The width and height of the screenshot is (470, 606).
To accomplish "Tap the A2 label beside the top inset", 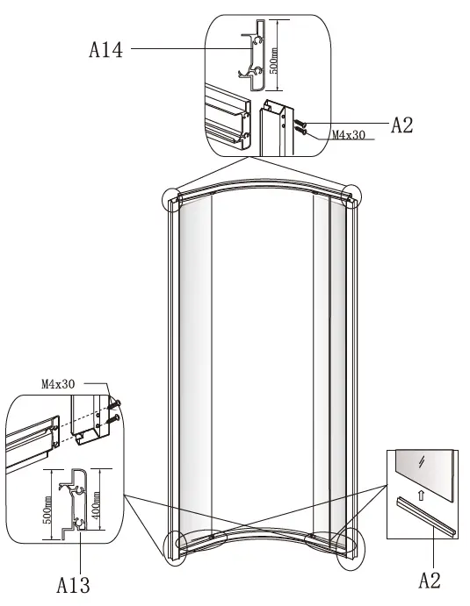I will pos(401,125).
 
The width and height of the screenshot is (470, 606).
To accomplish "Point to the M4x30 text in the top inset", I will pos(351,136).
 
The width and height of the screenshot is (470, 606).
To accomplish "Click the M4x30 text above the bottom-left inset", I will pos(58,384).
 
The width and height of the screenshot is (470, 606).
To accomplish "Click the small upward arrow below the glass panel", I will pos(421,494).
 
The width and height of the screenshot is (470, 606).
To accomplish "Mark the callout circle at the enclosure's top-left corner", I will pos(173,199).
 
